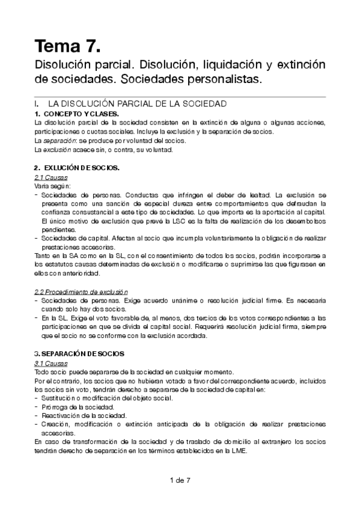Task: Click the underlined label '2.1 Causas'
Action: point(51,178)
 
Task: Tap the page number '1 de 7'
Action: point(180,479)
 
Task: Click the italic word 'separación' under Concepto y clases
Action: point(58,141)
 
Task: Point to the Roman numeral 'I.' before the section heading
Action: point(38,103)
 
